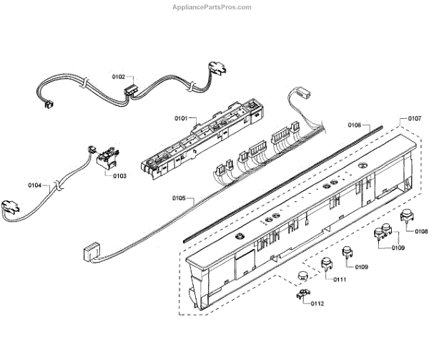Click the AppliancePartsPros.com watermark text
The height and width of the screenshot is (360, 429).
tap(213, 7)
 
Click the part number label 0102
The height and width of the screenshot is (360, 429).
tap(119, 77)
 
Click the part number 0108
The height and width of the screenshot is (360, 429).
tap(421, 230)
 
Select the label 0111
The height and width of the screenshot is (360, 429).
tap(339, 279)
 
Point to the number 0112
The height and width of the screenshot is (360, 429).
tap(317, 303)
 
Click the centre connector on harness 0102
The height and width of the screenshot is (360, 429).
tap(131, 91)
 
